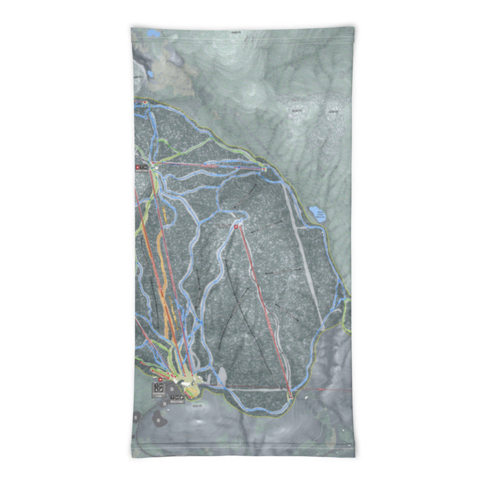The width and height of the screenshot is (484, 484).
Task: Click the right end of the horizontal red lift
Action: [x=265, y=169]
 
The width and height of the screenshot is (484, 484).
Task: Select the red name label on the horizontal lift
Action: [x=209, y=165]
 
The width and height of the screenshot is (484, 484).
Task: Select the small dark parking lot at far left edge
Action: [x=136, y=417]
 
